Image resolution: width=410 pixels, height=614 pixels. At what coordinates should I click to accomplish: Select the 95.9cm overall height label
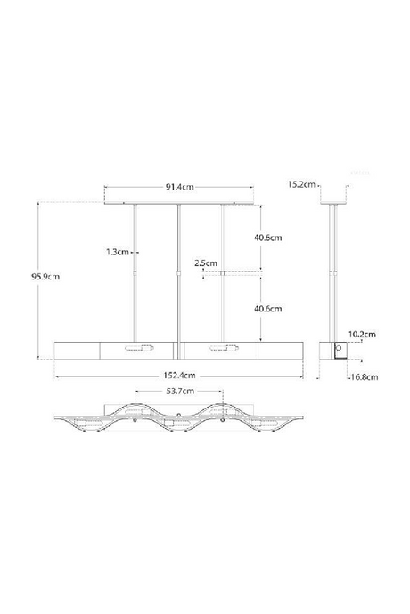44,275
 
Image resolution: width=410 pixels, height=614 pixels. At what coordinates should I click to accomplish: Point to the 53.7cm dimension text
179,392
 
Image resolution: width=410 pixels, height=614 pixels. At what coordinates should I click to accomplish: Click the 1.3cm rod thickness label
117,252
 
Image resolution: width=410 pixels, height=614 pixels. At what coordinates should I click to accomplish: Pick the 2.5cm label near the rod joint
206,263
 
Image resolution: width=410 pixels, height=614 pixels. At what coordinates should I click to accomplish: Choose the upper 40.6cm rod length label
267,238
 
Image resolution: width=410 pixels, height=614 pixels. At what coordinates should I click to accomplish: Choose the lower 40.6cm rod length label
267,309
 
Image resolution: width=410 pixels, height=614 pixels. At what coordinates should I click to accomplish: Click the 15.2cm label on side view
300,184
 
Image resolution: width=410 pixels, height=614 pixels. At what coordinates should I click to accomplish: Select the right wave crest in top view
220,408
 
